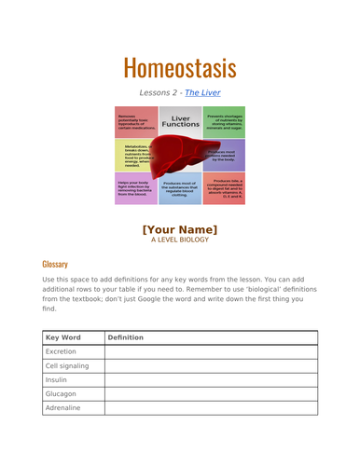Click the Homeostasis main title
tap(180, 67)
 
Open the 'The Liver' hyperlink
tap(202, 93)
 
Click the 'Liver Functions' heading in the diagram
tap(180, 122)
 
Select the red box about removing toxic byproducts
tap(134, 122)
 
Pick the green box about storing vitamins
tap(225, 120)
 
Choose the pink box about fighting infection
tap(134, 188)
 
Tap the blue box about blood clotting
tap(180, 190)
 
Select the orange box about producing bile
tap(225, 189)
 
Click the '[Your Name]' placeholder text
tap(180, 229)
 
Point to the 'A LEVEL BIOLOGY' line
tap(180, 240)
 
